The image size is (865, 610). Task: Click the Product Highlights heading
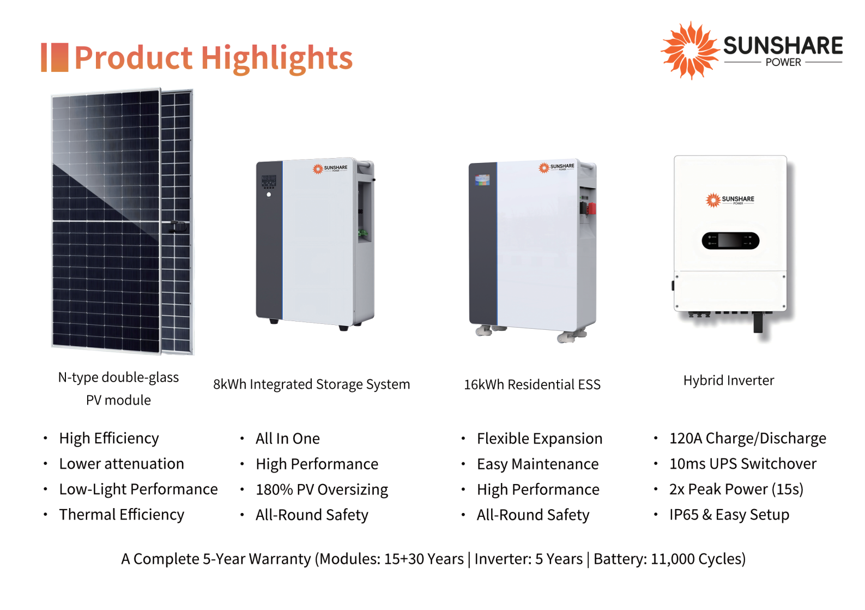(214, 58)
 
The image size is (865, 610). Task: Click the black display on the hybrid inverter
(730, 241)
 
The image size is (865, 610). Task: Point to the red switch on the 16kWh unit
(591, 209)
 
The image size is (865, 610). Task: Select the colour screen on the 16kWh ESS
(482, 180)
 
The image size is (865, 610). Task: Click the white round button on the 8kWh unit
(269, 195)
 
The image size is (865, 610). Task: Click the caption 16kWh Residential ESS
(532, 385)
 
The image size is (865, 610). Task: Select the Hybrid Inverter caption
(729, 381)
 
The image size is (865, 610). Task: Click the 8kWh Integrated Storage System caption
(312, 385)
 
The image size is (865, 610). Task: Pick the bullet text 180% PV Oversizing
(322, 490)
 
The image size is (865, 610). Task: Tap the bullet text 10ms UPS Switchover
(742, 463)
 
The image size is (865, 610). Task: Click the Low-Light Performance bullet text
(138, 490)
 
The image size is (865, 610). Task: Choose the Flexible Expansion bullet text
(540, 438)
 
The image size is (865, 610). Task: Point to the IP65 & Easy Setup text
(729, 515)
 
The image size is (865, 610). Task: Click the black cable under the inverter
(758, 323)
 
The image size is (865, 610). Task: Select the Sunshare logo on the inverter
(729, 200)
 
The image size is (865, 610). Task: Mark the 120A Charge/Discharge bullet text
(748, 438)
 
